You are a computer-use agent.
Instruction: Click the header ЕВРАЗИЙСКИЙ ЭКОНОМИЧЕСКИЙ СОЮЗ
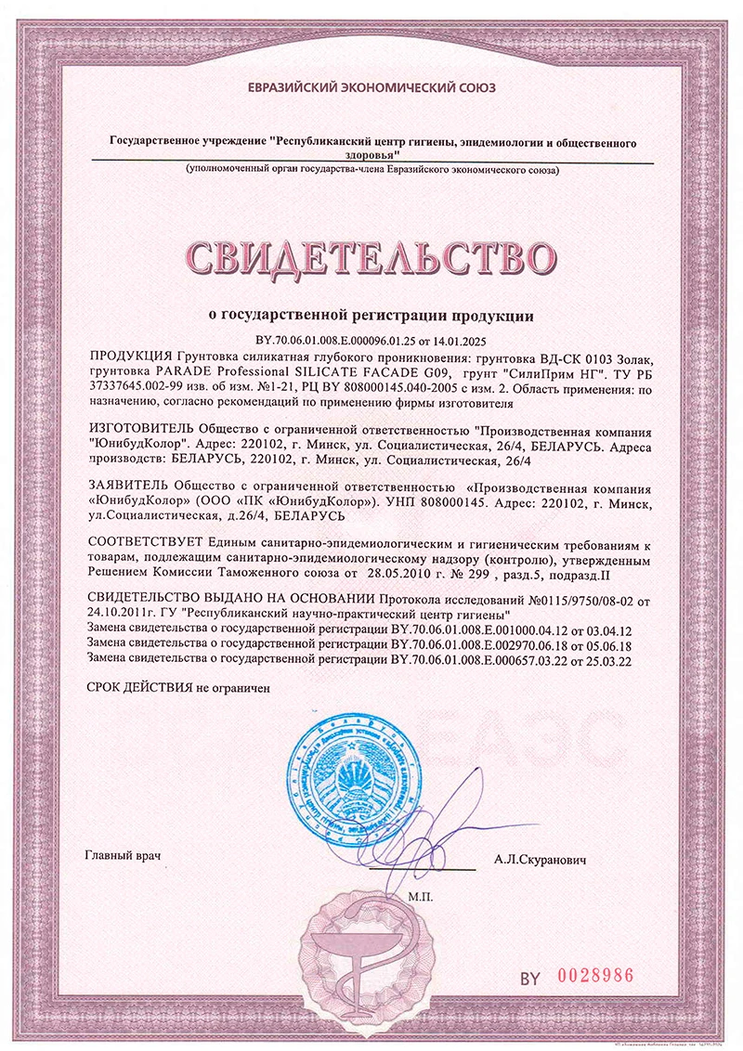click(371, 88)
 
